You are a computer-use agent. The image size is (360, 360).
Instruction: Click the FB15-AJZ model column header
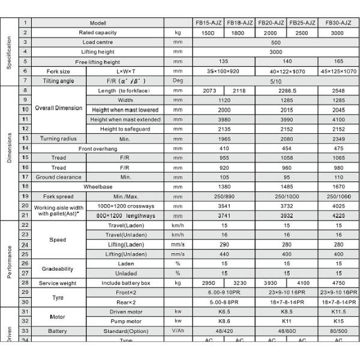[x=209, y=22]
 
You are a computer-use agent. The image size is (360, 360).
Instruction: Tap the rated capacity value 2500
[x=302, y=32]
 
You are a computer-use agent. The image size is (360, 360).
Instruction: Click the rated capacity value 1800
[x=239, y=32]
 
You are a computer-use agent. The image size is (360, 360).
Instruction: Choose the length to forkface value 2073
[x=209, y=90]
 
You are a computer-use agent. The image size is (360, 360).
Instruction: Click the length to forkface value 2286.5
[x=286, y=90]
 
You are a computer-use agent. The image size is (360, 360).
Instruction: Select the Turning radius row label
[x=58, y=139]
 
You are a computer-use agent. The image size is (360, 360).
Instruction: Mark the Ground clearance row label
[x=58, y=177]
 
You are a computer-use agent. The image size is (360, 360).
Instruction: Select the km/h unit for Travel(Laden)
[x=178, y=225]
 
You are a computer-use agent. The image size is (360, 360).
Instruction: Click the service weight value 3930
[x=271, y=283]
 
